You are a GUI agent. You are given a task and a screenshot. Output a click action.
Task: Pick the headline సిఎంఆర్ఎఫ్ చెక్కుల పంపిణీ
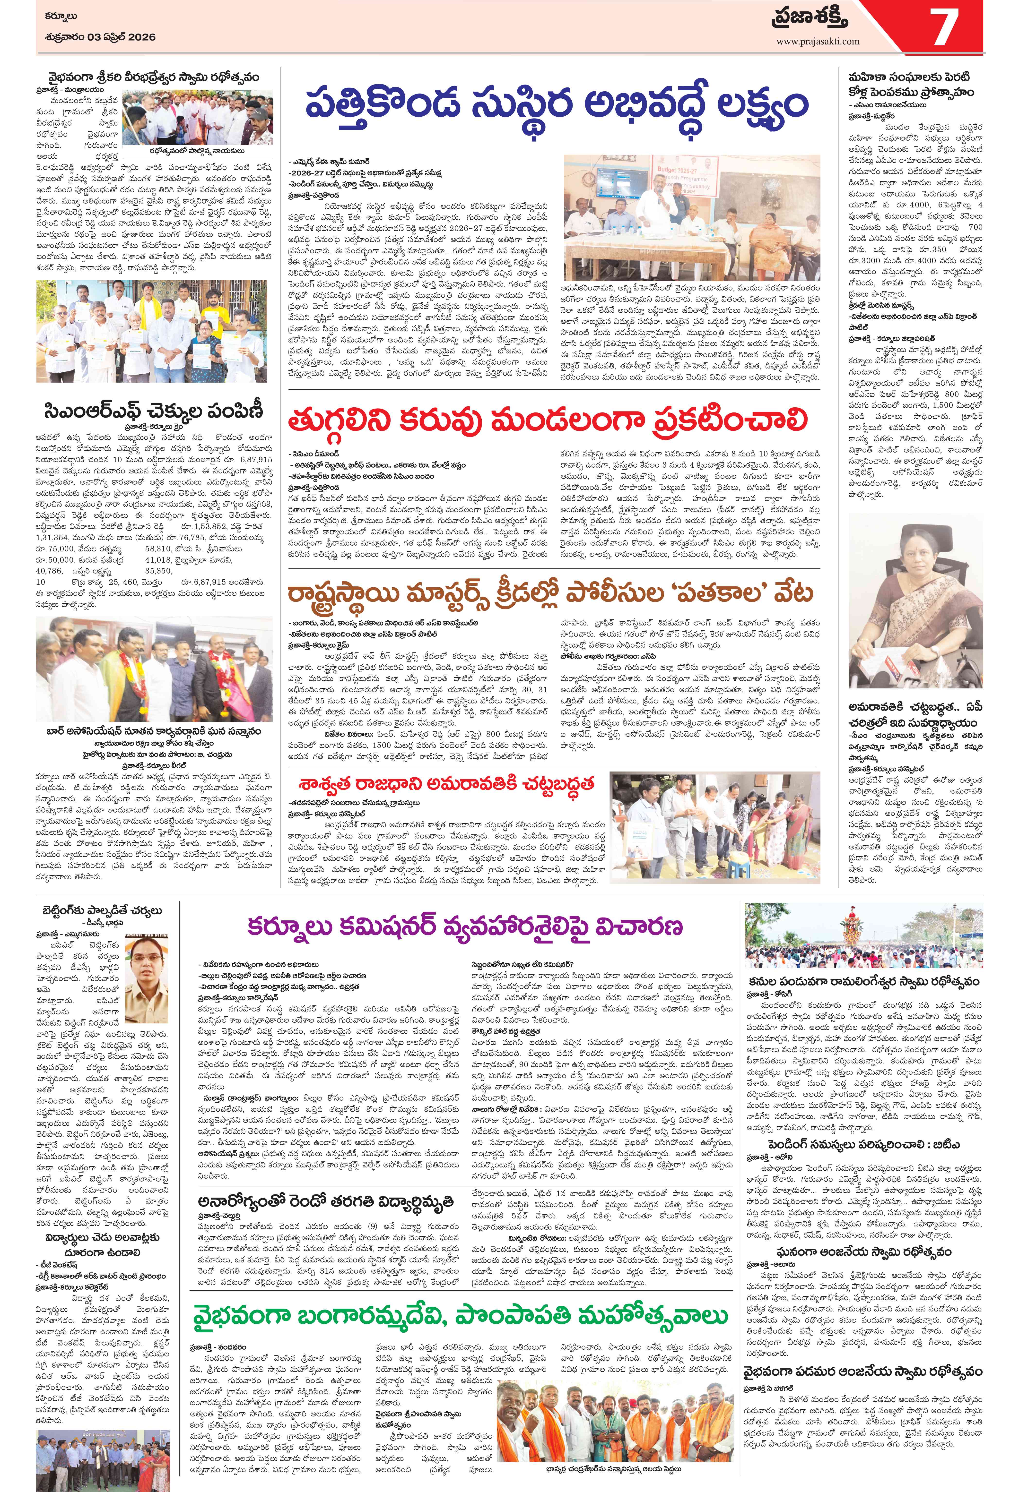click(154, 411)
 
